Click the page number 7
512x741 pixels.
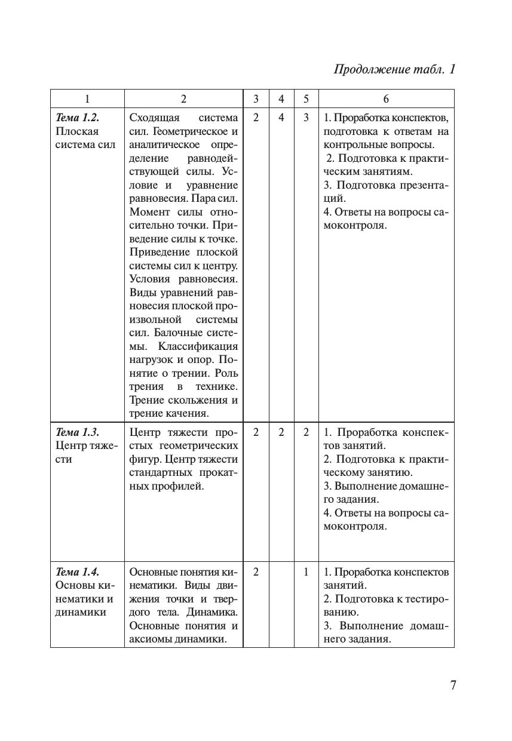click(453, 685)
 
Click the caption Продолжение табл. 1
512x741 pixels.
click(394, 69)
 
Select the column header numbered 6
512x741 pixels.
click(386, 99)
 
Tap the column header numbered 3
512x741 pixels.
click(256, 99)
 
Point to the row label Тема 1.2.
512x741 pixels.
click(77, 118)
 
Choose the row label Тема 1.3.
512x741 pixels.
click(77, 432)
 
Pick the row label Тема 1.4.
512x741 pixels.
click(77, 572)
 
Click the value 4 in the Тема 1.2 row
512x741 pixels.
click(281, 118)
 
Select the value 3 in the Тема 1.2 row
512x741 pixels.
click(306, 118)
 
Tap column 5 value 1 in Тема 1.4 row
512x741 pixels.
click(306, 572)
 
